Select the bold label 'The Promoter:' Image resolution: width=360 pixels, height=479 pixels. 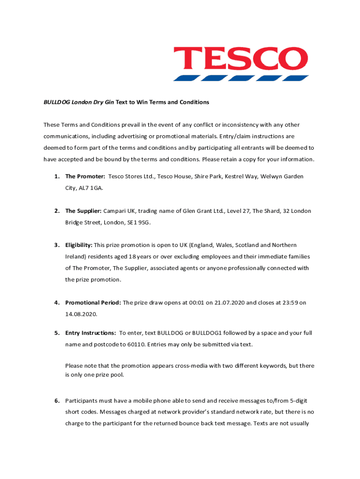85,176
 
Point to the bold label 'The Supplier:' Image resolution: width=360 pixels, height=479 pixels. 83,211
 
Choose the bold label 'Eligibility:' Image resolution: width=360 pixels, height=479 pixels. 79,245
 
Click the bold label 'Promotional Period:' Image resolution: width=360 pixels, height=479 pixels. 93,303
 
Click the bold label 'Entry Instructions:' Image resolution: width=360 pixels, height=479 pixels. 91,333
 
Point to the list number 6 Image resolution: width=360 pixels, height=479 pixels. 57,401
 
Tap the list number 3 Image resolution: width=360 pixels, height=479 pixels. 57,245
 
